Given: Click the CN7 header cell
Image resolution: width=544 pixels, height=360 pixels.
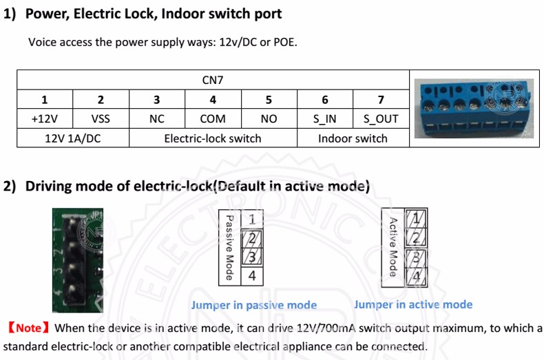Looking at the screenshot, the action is pos(213,80).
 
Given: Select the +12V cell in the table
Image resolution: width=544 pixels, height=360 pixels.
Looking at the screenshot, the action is pos(45,119).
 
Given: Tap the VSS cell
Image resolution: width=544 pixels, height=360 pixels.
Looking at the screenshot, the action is pos(101,119).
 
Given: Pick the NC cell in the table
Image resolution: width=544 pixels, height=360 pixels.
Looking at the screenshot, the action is pos(157,119).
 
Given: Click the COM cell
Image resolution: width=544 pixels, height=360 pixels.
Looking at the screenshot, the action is pos(213,119).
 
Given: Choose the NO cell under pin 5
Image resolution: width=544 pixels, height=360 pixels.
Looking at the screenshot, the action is pos(269,119).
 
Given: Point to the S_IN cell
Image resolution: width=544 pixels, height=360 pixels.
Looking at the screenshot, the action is pos(325,119).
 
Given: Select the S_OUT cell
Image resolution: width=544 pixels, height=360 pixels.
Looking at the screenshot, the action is pos(381,119).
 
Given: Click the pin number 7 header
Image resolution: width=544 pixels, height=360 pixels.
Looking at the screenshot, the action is pos(381,100).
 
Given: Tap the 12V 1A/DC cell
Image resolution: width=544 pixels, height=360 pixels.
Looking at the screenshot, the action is pos(73,138).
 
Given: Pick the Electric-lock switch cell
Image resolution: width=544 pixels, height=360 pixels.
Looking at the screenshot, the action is pos(213,138).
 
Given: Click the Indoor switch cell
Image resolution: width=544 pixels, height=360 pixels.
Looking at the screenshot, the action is pos(353,138).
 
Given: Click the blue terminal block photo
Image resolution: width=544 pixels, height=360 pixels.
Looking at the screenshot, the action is pos(474,109).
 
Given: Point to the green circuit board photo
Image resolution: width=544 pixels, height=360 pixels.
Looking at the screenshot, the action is pos(78,260).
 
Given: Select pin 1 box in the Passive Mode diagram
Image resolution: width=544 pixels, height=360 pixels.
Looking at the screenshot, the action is pos(252,219).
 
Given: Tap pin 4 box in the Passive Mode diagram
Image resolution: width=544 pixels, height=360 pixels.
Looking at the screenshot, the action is pos(252,276).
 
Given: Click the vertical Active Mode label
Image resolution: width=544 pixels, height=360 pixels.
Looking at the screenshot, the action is pos(393,247).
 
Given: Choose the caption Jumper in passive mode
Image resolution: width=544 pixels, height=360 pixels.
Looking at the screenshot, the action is pos(254,305).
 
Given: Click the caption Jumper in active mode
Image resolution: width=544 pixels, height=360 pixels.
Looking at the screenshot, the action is pos(413,304).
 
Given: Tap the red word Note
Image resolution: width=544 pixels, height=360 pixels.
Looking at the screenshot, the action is pos(29,328).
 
